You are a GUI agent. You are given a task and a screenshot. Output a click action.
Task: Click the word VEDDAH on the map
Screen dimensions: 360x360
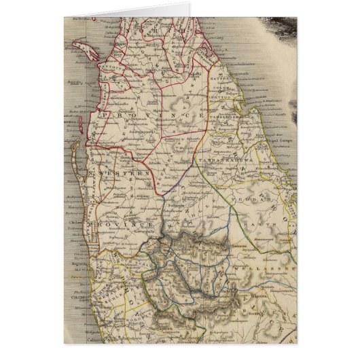tap(262, 183)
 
